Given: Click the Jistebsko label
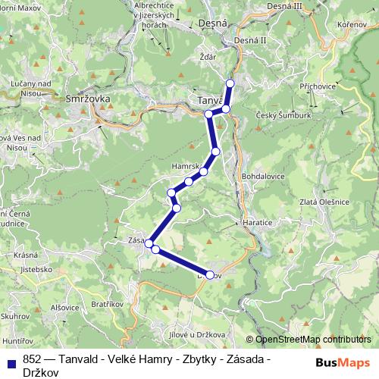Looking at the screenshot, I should (36, 268).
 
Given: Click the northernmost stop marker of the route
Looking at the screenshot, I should (230, 83).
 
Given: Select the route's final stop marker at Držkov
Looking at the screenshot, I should (210, 275).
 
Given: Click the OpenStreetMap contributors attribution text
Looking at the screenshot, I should (312, 340).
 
